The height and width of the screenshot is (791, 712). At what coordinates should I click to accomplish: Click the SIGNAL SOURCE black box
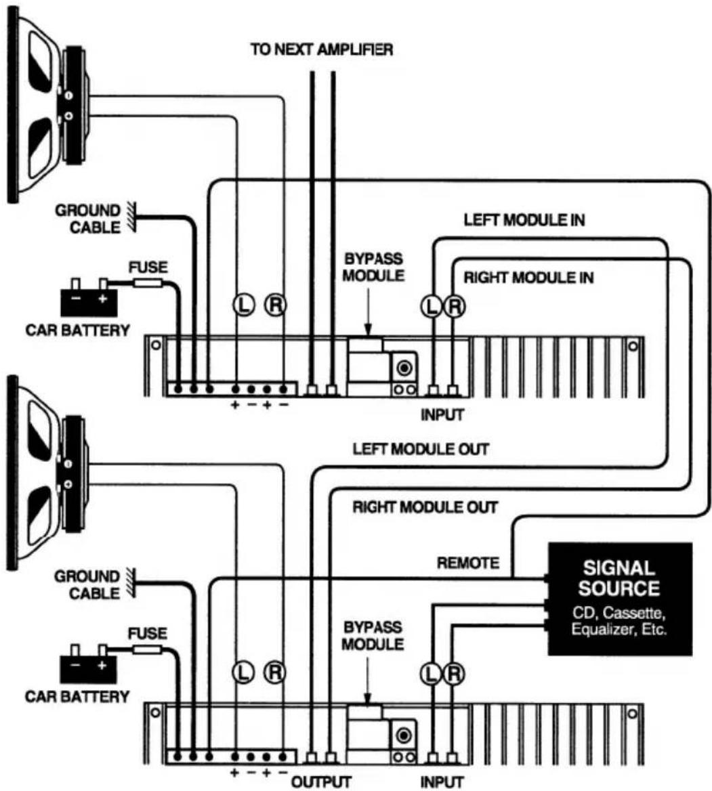[x=620, y=599]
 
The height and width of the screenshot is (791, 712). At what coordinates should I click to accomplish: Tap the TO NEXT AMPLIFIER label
[x=321, y=49]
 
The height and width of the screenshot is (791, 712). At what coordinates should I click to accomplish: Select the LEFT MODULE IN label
[x=524, y=220]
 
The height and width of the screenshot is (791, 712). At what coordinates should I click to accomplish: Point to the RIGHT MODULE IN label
[x=528, y=278]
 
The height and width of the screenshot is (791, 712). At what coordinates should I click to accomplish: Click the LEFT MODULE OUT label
[x=420, y=449]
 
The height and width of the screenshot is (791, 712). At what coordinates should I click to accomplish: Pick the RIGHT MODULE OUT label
[x=425, y=507]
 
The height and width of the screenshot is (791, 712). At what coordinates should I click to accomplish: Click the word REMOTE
[x=467, y=563]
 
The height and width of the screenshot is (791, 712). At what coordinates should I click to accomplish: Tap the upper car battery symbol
[x=89, y=297]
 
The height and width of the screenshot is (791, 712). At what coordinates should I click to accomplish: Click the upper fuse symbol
[x=147, y=284]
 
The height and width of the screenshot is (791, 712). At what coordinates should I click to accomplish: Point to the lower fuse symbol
[x=147, y=649]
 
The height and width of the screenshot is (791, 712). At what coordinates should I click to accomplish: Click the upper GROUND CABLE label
[x=88, y=219]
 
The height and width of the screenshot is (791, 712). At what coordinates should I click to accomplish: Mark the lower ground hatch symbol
[x=131, y=582]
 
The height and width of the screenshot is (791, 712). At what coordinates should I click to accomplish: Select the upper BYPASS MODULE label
[x=373, y=267]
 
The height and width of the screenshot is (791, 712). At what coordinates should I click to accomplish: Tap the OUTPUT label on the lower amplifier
[x=321, y=782]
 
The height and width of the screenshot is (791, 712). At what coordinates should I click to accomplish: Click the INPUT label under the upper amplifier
[x=442, y=414]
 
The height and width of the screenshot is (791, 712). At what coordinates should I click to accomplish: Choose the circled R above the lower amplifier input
[x=454, y=673]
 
